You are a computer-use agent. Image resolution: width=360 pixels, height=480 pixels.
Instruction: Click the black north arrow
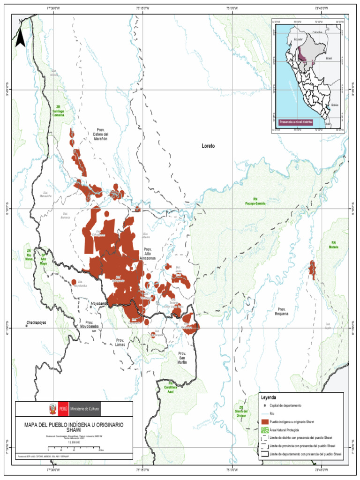coord(20,37)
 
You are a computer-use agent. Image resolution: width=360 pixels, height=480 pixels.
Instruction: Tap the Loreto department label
coord(208,146)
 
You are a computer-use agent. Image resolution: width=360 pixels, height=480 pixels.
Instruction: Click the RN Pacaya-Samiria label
coord(255,201)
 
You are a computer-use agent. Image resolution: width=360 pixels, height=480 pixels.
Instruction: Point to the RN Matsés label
coord(333,245)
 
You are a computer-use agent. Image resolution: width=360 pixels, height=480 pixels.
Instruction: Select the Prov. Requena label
coord(281,312)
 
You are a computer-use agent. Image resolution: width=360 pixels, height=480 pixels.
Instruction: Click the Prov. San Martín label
coord(182,357)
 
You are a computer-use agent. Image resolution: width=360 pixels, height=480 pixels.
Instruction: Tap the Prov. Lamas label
coord(120,343)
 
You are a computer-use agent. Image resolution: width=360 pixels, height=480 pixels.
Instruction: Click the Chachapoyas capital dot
coord(27,325)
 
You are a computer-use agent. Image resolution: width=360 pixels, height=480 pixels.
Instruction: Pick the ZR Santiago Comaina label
coord(59,111)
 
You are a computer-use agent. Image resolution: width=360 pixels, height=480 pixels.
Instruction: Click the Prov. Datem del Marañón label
coord(100,135)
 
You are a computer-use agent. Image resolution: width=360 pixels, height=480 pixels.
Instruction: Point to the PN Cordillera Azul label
coord(171,388)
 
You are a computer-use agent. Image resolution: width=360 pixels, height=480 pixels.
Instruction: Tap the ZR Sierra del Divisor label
coord(241,411)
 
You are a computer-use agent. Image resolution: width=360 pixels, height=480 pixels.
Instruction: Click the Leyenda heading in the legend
coord(269,397)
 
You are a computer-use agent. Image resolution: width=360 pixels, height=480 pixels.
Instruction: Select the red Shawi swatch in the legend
coord(265,422)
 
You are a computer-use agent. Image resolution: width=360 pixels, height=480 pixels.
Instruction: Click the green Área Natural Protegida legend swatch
coord(265,430)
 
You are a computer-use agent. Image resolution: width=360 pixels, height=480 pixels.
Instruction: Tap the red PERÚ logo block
coord(61,409)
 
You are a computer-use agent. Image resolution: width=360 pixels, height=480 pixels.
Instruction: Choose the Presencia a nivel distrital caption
coord(296,122)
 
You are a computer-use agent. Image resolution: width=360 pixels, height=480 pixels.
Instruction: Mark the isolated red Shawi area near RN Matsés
coord(312,269)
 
